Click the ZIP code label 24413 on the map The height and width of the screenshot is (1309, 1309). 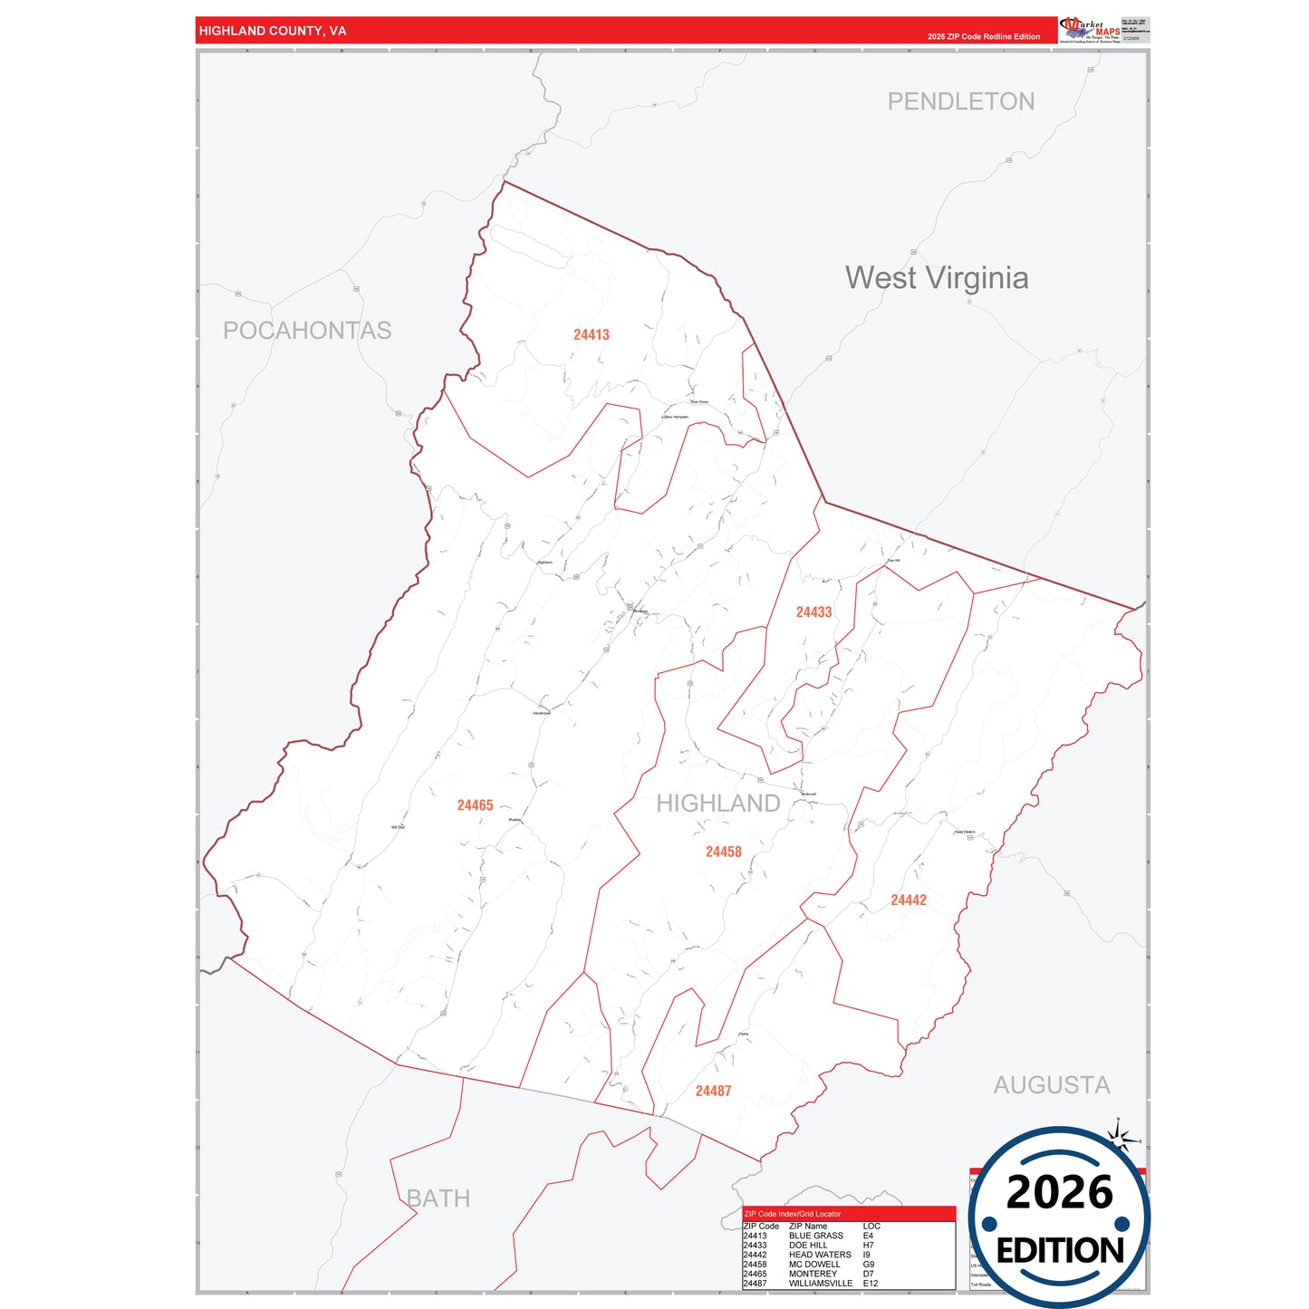(591, 335)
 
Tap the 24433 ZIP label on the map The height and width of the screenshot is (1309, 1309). (813, 612)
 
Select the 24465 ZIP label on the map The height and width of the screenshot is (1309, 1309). (475, 805)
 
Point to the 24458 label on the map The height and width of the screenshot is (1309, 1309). (723, 852)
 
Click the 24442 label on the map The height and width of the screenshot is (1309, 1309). (908, 900)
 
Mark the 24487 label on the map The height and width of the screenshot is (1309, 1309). (713, 1092)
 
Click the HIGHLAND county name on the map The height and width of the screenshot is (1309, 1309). (717, 804)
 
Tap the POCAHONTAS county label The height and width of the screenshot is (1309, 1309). (307, 331)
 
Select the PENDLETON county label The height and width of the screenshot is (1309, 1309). (960, 101)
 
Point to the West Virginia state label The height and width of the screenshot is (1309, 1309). (936, 278)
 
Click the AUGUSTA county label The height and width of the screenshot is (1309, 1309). (1051, 1085)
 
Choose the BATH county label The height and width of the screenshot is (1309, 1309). (438, 1198)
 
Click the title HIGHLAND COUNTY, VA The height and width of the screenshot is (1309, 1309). (273, 31)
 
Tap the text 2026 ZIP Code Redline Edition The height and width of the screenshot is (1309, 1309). (983, 37)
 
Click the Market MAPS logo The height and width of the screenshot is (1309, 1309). (1090, 29)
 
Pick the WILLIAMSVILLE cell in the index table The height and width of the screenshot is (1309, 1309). (820, 1284)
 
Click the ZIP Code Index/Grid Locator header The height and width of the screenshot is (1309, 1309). (792, 1214)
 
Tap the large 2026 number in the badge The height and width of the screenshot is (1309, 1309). (1059, 1192)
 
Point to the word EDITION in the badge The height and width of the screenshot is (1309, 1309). (1059, 1251)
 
